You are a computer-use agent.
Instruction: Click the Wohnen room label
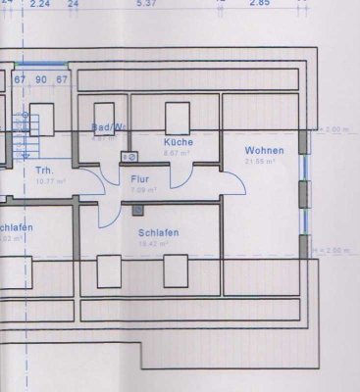[x=265, y=150]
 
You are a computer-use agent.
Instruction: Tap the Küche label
[x=179, y=142]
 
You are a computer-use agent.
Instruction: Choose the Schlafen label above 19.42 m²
[x=158, y=232]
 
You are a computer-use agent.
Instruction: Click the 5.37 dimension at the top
[x=146, y=4]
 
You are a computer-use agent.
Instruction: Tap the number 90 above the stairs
[x=41, y=78]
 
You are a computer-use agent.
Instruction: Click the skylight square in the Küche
[x=178, y=115]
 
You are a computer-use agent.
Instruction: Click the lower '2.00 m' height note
[x=336, y=252]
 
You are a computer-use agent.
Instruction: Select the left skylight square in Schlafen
[x=109, y=269]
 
